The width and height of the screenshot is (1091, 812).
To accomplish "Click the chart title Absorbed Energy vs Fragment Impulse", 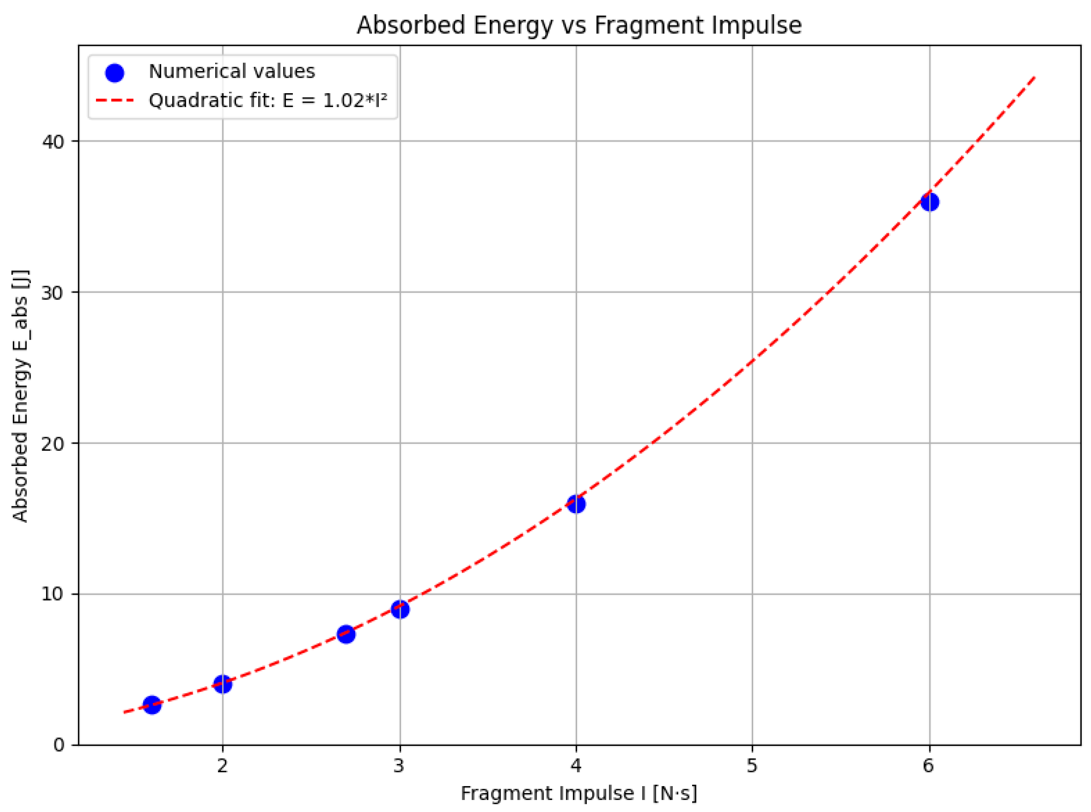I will (x=579, y=26).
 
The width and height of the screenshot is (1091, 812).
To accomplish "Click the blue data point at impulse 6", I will (x=929, y=202).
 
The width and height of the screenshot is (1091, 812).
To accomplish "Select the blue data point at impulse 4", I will (x=576, y=504).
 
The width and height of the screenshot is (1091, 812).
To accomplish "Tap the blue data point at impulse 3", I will (x=400, y=609).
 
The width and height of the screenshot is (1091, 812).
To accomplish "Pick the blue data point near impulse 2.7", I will (x=346, y=635).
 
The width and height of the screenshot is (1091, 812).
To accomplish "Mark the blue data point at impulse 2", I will (x=223, y=684).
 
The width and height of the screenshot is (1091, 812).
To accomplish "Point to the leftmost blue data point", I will (x=152, y=705).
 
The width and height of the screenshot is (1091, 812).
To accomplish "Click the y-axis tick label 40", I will (x=53, y=142).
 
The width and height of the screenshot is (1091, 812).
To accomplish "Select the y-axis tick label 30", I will (x=53, y=293).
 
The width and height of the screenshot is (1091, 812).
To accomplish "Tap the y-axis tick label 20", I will (x=53, y=444).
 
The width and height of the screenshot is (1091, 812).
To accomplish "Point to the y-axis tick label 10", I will (x=53, y=594).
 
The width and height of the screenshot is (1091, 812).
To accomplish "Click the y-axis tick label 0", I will (x=59, y=745).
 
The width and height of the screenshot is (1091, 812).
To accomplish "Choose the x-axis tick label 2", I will (x=223, y=766).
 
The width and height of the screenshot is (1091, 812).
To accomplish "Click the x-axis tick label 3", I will (x=399, y=766).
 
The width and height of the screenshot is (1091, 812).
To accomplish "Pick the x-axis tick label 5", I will (x=752, y=766).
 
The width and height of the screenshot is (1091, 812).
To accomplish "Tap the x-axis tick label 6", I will (x=928, y=766).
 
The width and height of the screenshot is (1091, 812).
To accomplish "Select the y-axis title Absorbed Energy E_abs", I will (x=21, y=396).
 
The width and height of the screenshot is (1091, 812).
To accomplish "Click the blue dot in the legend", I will (x=115, y=73).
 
